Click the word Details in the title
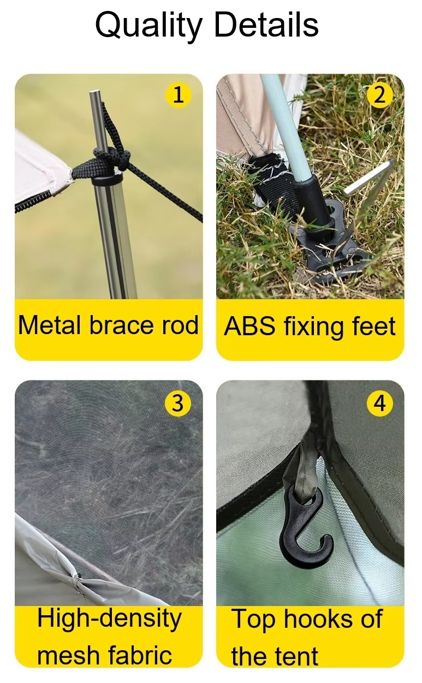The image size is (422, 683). point(266,24)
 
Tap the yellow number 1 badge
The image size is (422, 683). point(178,95)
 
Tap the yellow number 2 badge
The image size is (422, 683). point(379,95)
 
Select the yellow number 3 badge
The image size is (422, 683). point(178,403)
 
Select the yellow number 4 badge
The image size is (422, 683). point(379,403)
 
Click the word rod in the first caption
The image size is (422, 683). point(180,325)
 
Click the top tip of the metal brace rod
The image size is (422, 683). point(94,91)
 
